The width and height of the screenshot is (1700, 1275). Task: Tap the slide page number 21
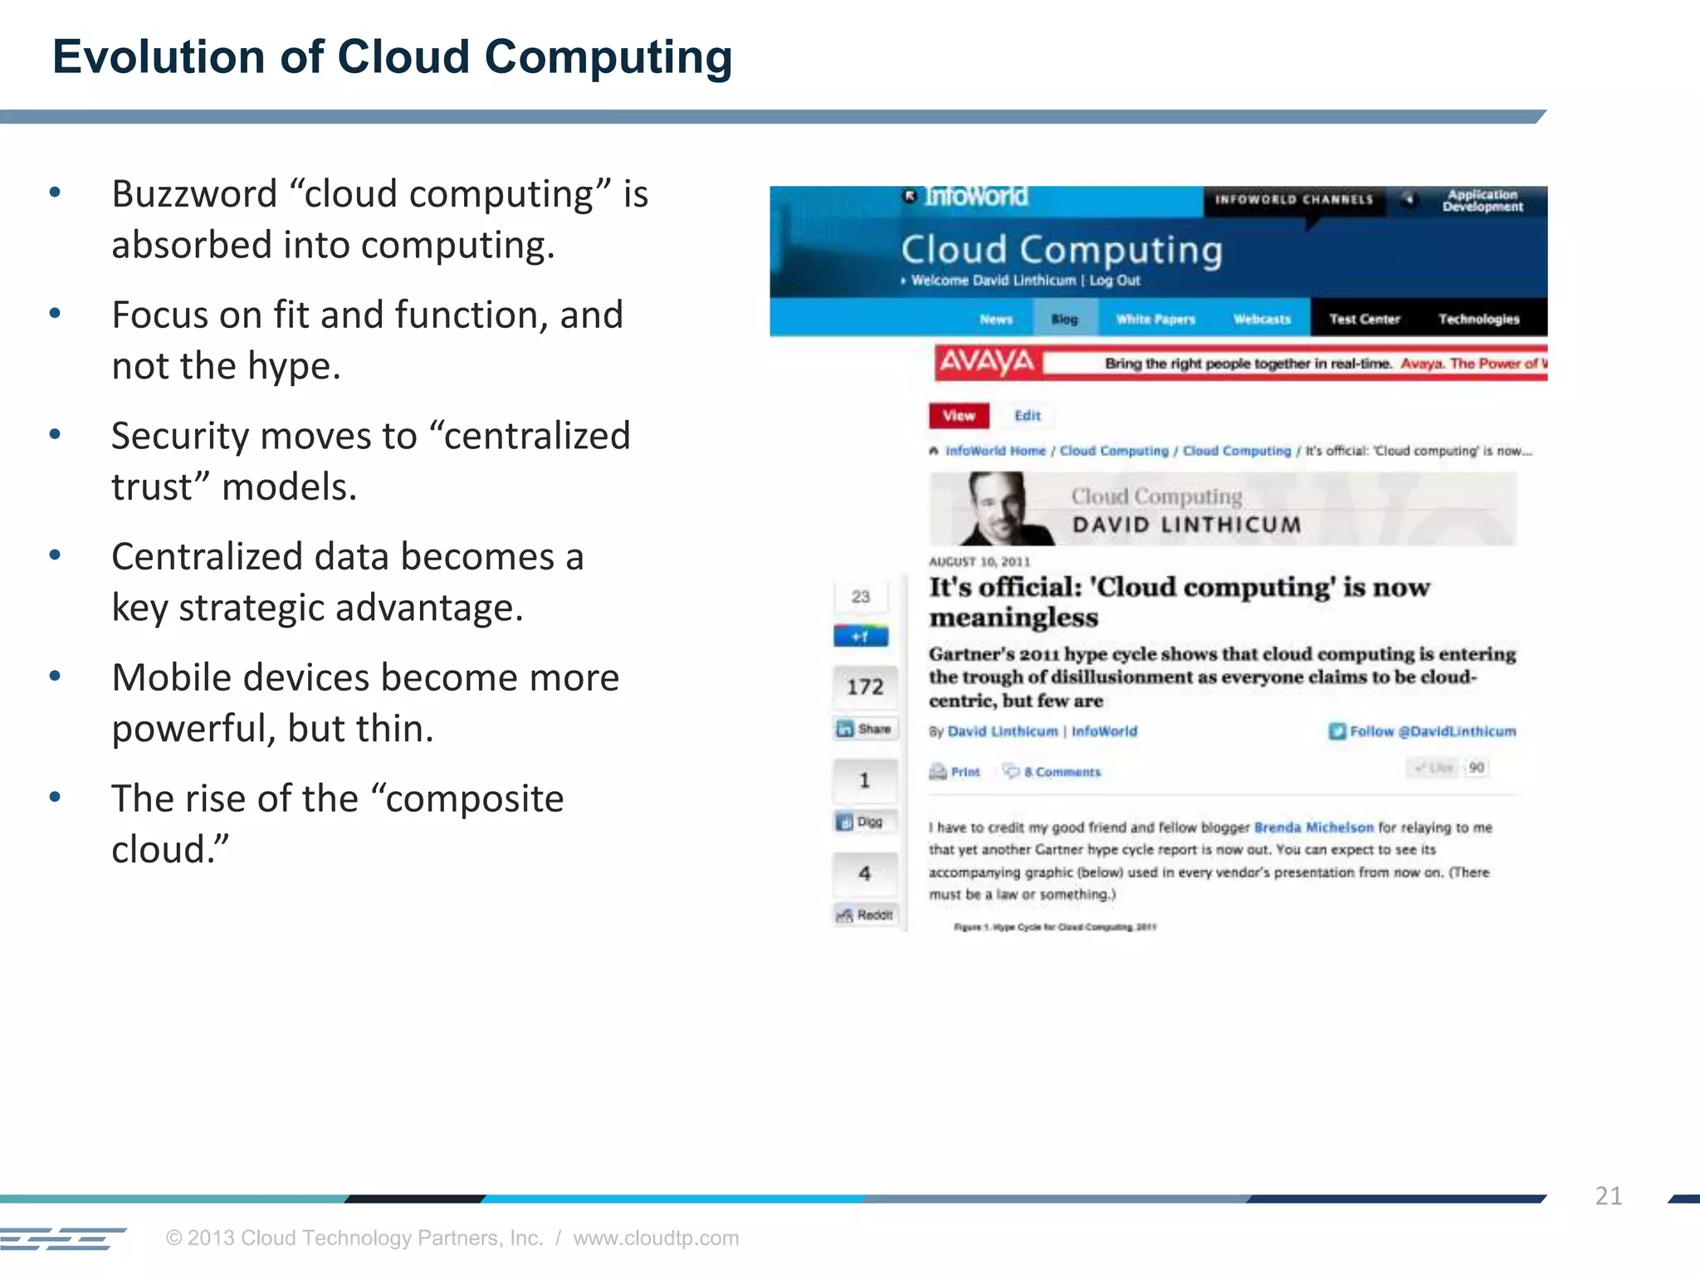point(1608,1195)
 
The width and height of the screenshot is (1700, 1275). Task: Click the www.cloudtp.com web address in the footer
point(655,1238)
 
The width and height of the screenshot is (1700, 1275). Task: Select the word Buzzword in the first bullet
point(194,194)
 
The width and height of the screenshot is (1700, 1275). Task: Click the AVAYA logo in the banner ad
point(986,363)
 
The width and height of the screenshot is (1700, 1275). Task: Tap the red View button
point(959,416)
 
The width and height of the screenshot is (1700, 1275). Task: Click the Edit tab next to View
point(1027,416)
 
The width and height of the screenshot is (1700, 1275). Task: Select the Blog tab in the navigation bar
point(1064,319)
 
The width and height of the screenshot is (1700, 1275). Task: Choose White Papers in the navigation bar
point(1155,319)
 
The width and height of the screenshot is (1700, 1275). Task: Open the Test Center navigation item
point(1364,319)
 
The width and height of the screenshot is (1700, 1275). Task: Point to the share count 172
point(865,686)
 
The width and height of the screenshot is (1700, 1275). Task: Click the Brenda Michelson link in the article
point(1313,828)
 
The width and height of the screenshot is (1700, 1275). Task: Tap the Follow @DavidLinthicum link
point(1423,731)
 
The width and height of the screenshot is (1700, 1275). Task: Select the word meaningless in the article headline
point(1014,618)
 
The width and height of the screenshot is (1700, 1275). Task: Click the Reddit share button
point(866,915)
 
